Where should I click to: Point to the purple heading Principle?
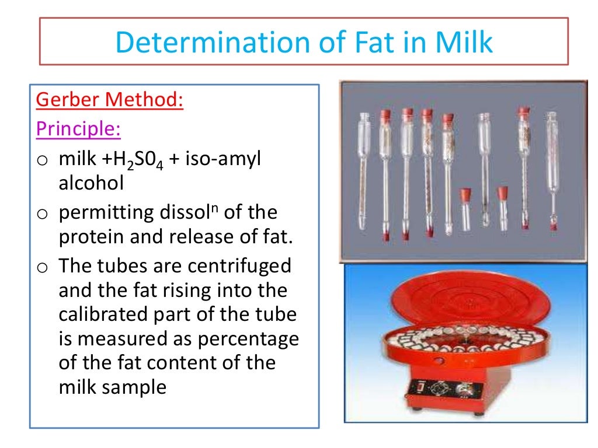pos(78,128)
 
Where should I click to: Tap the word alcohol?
pos(91,183)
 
